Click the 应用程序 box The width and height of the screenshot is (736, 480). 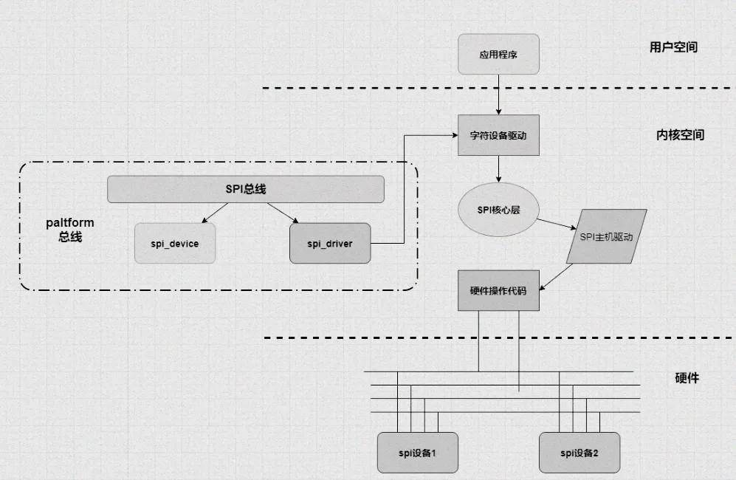pyautogui.click(x=499, y=55)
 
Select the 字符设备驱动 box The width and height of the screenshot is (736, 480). pyautogui.click(x=498, y=135)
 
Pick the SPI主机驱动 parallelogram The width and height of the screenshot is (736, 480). pyautogui.click(x=606, y=237)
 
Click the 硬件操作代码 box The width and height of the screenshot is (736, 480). pyautogui.click(x=498, y=291)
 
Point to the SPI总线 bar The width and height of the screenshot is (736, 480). pyautogui.click(x=246, y=189)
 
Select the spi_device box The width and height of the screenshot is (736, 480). pyautogui.click(x=176, y=243)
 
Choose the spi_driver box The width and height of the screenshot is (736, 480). pyautogui.click(x=330, y=243)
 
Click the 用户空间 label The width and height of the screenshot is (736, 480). pyautogui.click(x=673, y=47)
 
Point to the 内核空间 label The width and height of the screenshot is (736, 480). pyautogui.click(x=680, y=135)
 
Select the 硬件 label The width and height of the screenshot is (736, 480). pyautogui.click(x=687, y=377)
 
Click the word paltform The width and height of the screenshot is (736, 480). pyautogui.click(x=70, y=222)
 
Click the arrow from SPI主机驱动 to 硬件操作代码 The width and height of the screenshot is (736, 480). pyautogui.click(x=558, y=276)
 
